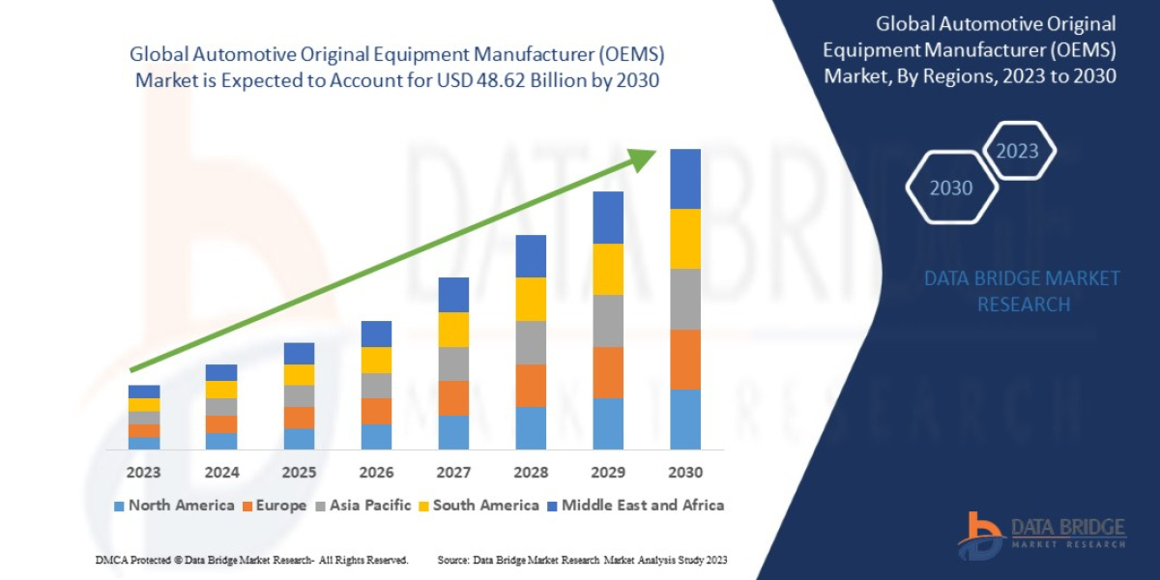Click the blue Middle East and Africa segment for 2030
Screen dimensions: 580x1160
(685, 179)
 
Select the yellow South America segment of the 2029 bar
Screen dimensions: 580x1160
(608, 269)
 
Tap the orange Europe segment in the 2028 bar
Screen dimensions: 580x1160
(531, 385)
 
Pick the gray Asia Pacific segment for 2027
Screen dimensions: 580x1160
(453, 363)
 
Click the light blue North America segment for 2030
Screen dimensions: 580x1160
(685, 419)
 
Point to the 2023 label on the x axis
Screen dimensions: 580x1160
(144, 473)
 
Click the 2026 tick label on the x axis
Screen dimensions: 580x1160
(376, 473)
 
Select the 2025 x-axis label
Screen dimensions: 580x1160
(299, 473)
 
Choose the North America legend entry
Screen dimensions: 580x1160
(174, 505)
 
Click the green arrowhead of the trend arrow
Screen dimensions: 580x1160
(642, 157)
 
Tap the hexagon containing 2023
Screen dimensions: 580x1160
(1017, 151)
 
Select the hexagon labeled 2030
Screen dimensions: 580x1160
(951, 188)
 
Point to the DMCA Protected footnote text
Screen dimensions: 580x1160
(251, 560)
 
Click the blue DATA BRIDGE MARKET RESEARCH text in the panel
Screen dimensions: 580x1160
(1023, 291)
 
